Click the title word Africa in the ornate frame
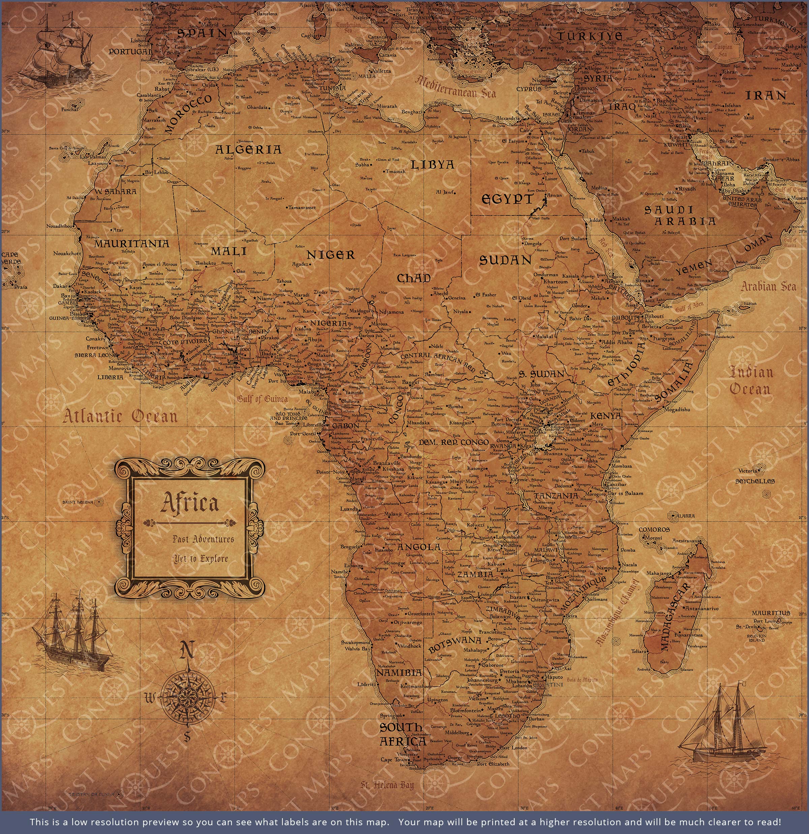click(190, 503)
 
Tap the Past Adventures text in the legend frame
click(203, 539)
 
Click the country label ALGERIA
click(248, 149)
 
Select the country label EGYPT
click(507, 199)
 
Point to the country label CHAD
click(414, 278)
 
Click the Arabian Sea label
click(768, 286)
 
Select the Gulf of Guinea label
click(263, 399)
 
